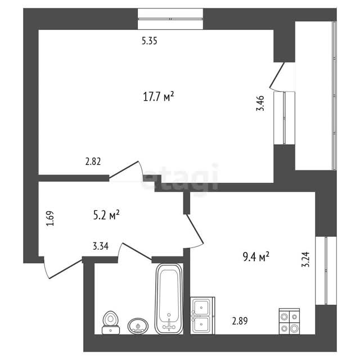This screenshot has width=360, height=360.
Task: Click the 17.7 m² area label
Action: [159, 96]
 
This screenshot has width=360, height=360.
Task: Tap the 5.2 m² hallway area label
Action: [106, 215]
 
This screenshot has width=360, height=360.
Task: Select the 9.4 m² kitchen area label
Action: [256, 256]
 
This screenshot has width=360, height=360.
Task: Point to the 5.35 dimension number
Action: [150, 41]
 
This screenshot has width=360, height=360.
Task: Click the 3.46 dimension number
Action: [260, 103]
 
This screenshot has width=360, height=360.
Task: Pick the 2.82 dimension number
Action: [93, 161]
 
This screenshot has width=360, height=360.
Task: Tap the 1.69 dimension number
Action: [50, 218]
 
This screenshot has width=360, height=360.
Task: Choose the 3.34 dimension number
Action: [101, 246]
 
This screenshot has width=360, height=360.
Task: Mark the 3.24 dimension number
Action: [305, 259]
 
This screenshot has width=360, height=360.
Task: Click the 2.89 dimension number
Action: [240, 321]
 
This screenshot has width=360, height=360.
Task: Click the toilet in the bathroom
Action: [111, 322]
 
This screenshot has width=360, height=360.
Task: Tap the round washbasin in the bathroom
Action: [138, 326]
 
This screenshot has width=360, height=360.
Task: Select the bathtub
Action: [169, 299]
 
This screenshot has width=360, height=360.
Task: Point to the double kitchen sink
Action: [202, 316]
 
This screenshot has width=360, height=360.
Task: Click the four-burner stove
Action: [289, 321]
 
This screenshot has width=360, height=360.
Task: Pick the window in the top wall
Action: [170, 19]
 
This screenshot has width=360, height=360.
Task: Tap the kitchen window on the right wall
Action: [326, 271]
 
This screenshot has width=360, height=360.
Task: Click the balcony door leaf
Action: [277, 75]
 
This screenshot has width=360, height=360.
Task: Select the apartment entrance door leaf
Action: [65, 269]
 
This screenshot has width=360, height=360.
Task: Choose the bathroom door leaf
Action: [137, 251]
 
